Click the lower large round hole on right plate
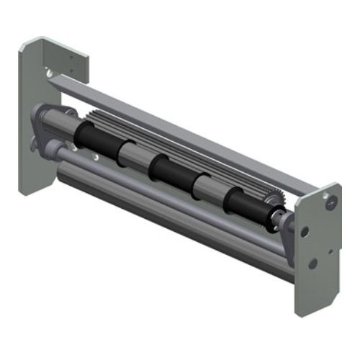tap(312, 263)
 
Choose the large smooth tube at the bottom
tap(166, 216)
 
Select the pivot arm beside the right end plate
tap(287, 230)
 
